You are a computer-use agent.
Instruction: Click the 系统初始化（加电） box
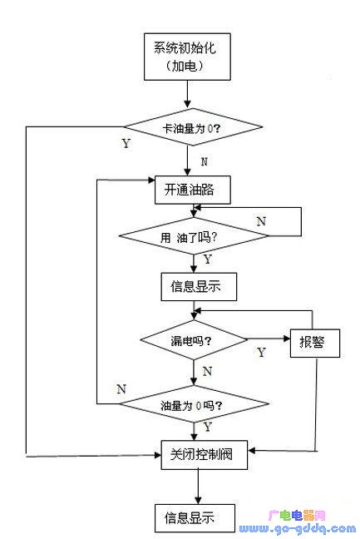[187, 57]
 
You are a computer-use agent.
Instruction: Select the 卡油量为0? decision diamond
[193, 127]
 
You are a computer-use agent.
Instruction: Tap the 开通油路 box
[193, 190]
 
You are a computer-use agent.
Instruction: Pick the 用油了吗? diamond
[194, 236]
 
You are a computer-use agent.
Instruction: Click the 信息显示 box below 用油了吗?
[199, 287]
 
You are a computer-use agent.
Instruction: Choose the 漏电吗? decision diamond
[194, 340]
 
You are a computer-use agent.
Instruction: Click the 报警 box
[315, 343]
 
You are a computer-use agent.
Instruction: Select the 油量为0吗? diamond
[194, 404]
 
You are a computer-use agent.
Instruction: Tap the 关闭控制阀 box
[205, 455]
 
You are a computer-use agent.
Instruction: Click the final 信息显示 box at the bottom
[195, 518]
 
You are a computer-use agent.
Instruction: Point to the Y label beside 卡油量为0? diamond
[126, 143]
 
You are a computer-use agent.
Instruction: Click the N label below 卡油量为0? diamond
[205, 161]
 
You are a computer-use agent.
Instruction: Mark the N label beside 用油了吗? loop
[261, 221]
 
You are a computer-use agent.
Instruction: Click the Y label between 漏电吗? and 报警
[262, 352]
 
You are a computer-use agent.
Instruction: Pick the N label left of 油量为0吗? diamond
[121, 388]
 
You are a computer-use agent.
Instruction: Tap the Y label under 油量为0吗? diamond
[208, 427]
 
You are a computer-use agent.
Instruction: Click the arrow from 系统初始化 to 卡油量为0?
[187, 94]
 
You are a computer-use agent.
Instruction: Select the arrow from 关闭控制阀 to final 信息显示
[198, 487]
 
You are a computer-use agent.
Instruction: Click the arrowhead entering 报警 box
[287, 339]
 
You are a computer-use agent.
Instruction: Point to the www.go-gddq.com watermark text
[298, 529]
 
